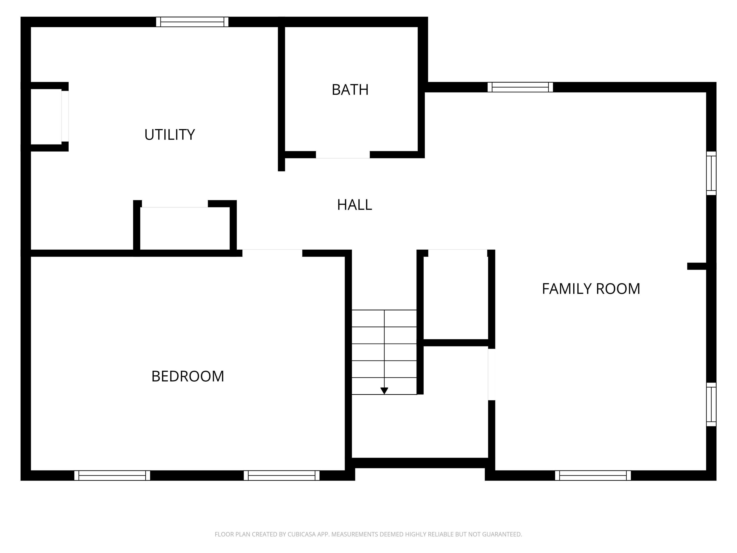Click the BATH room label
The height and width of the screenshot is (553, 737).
(x=350, y=90)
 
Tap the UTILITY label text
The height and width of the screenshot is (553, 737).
(x=169, y=135)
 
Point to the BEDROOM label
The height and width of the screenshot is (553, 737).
(x=188, y=376)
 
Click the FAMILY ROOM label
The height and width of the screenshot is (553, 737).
(x=591, y=289)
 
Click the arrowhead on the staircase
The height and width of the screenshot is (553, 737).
(x=384, y=391)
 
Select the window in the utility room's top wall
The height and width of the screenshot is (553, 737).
(x=192, y=22)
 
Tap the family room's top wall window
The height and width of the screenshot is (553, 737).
(x=520, y=87)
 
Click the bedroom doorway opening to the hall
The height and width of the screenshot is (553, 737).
(x=272, y=253)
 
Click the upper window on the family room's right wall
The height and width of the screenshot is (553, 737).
(x=711, y=173)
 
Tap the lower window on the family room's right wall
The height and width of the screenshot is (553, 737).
(x=711, y=404)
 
